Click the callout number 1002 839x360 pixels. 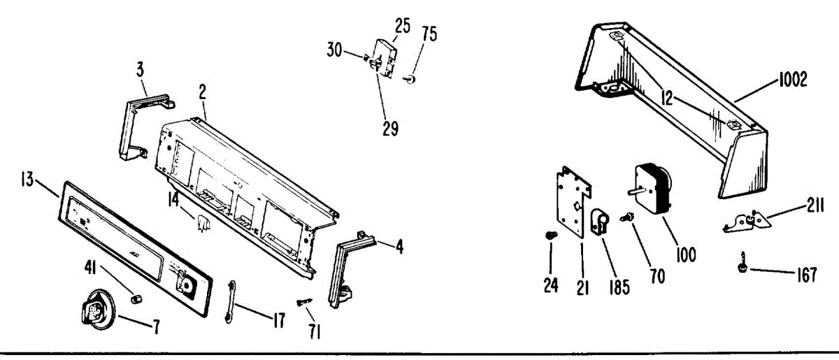point(791,80)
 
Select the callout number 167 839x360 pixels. point(807,276)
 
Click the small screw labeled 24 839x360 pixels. point(550,236)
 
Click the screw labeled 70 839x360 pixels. point(627,219)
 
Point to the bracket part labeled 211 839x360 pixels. point(745,222)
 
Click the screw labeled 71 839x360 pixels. point(304,301)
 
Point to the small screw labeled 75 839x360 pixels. point(412,78)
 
